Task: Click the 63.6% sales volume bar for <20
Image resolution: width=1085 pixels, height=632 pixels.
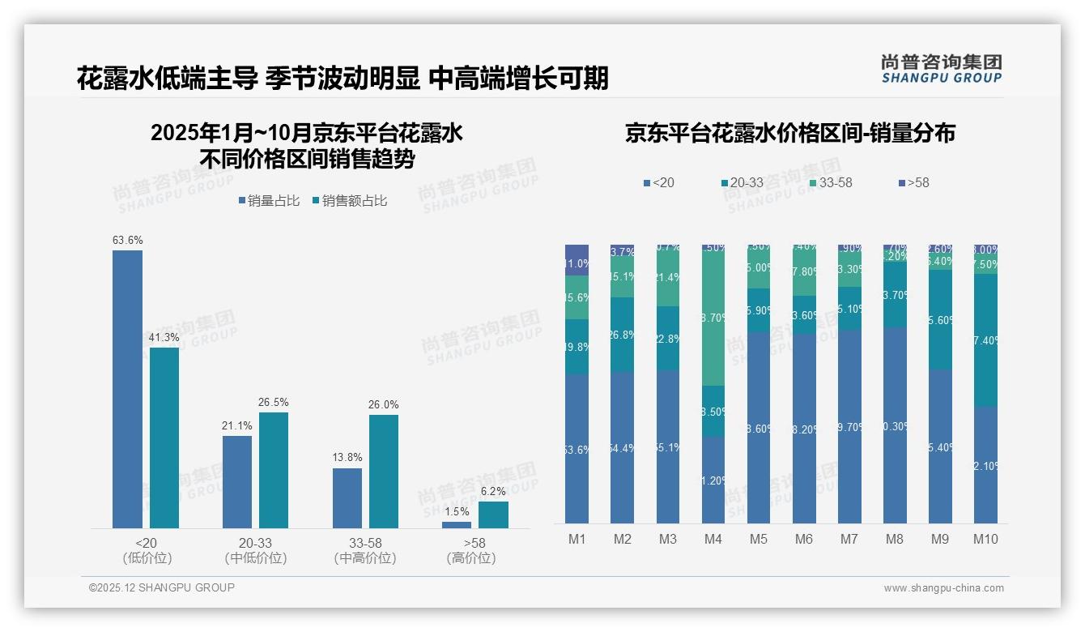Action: (127, 389)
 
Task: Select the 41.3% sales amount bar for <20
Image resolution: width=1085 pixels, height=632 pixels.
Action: (164, 438)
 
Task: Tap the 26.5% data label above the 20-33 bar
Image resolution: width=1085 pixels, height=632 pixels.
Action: (274, 403)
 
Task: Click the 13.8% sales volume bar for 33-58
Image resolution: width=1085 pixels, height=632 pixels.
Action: (347, 498)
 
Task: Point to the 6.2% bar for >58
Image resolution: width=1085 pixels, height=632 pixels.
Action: (493, 515)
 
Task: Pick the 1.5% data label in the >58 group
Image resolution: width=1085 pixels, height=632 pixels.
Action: (456, 512)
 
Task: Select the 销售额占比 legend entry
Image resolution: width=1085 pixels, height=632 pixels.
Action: (349, 201)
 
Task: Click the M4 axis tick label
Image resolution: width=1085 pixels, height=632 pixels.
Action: (713, 540)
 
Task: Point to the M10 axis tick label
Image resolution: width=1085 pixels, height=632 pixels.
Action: (985, 540)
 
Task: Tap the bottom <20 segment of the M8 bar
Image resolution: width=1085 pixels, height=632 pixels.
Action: (895, 425)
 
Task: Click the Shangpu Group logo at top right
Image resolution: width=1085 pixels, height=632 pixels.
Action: (941, 69)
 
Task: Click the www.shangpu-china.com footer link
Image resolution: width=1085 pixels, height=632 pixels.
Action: (943, 588)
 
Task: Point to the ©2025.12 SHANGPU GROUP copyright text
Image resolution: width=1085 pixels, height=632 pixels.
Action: (162, 587)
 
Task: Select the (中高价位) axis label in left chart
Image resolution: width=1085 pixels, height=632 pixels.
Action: (365, 558)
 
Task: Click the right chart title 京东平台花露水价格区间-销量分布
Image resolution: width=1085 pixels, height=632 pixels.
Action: (789, 134)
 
